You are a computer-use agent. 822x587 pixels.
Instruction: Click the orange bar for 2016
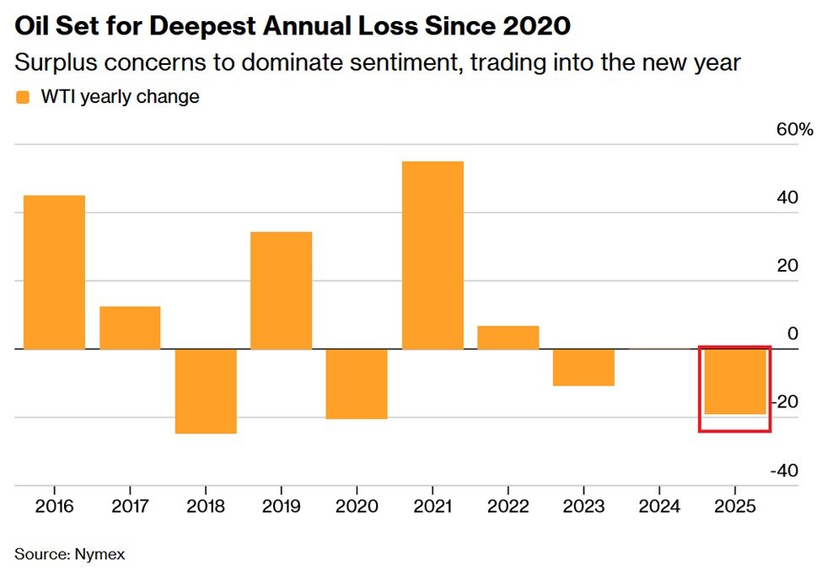click(54, 272)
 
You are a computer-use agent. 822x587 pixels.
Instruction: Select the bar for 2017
click(130, 327)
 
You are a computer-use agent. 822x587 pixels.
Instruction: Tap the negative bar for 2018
click(205, 390)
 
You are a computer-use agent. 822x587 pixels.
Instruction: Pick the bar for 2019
click(281, 290)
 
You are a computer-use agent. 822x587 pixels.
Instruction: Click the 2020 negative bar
click(357, 384)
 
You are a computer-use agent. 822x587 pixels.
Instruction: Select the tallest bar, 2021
click(432, 255)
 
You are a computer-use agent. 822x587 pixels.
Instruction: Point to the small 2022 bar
click(508, 337)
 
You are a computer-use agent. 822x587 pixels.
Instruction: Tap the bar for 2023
click(583, 367)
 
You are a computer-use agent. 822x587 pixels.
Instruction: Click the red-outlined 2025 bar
click(734, 381)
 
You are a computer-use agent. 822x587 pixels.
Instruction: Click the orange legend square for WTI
click(22, 97)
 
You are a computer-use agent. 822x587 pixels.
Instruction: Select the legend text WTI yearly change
click(120, 97)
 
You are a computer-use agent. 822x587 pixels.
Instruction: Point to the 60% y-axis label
click(794, 130)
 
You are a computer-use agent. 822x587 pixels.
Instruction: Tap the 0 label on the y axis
click(792, 334)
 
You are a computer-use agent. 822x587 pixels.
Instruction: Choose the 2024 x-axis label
click(659, 507)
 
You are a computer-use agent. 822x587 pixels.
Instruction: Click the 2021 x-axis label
click(432, 507)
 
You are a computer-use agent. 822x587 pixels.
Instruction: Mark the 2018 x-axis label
click(205, 507)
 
